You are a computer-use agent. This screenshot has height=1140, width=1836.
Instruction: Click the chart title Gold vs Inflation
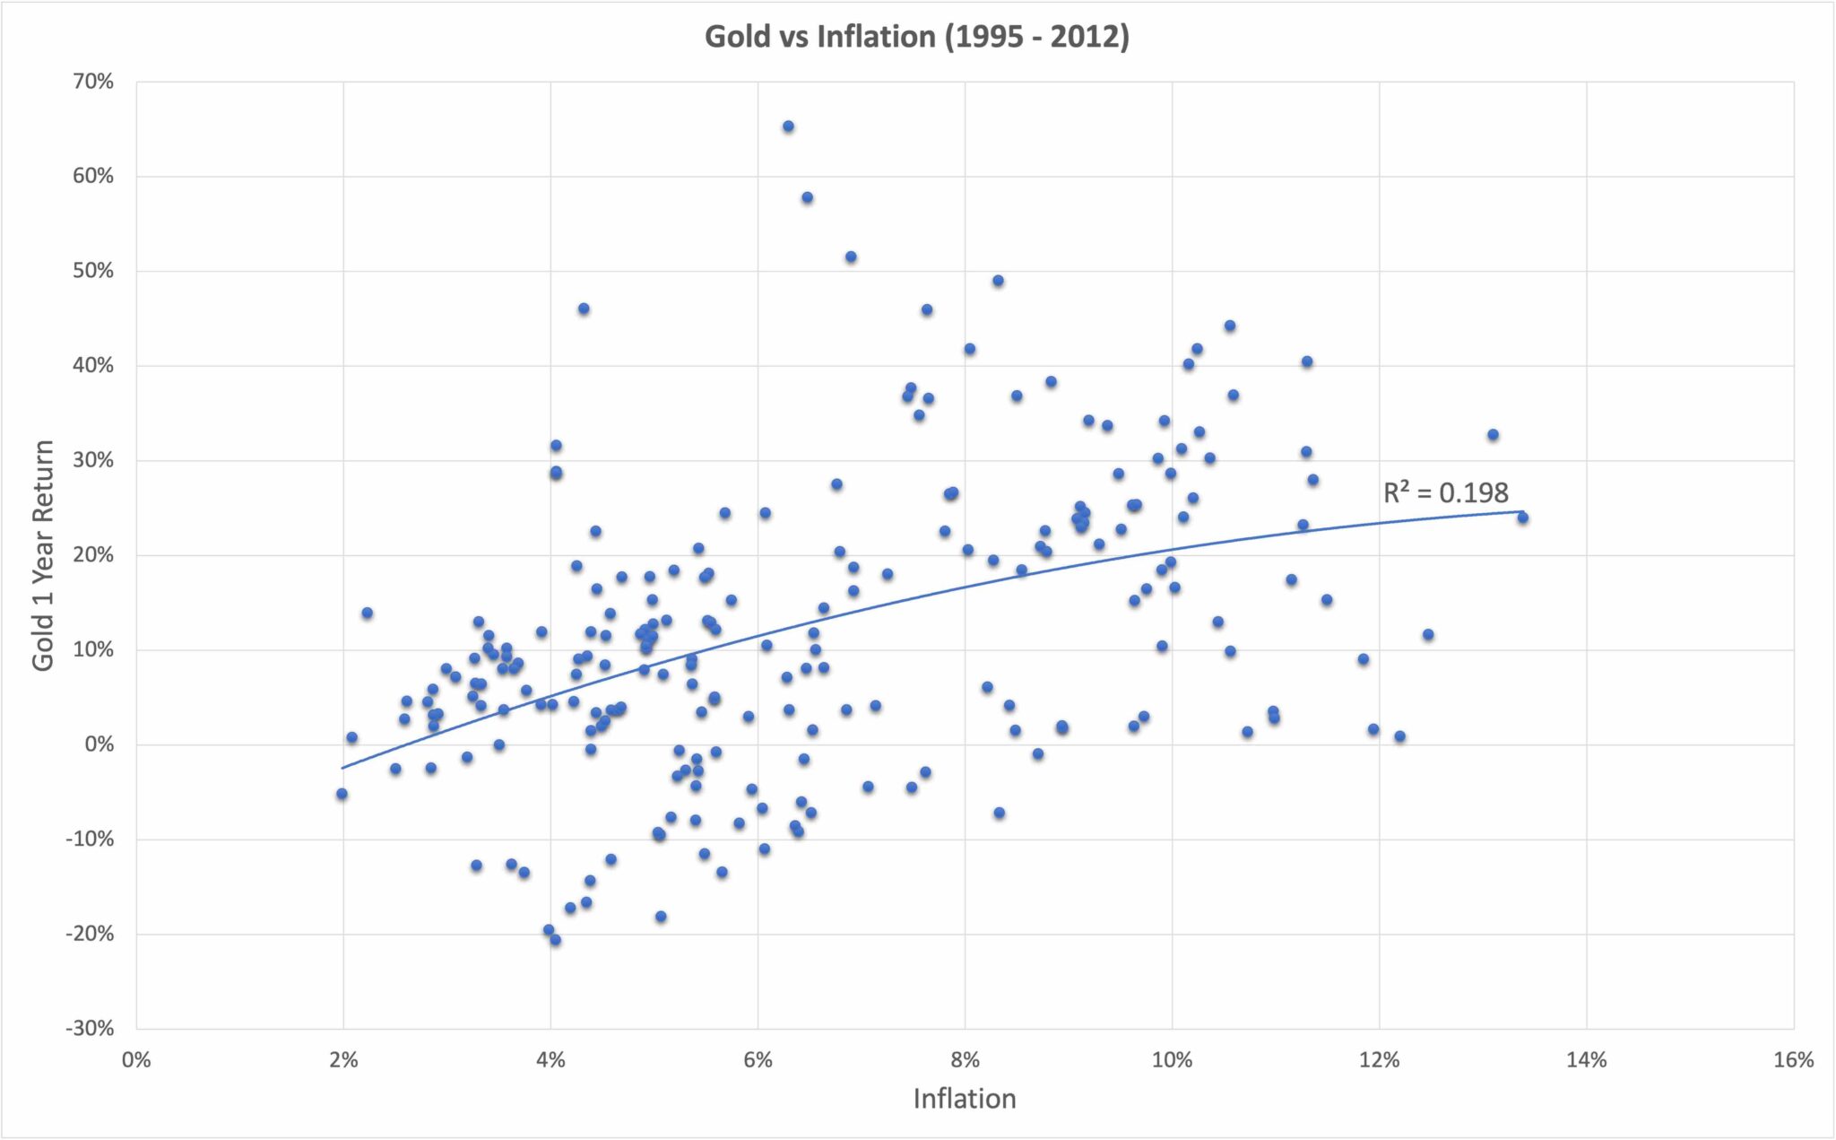(x=916, y=37)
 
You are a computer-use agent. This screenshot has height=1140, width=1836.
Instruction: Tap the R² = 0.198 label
(x=1445, y=492)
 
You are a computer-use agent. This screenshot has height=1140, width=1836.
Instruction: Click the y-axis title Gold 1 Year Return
(x=43, y=555)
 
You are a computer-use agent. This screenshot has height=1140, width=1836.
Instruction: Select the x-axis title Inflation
(x=965, y=1099)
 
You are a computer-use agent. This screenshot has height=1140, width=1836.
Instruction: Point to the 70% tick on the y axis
(x=93, y=82)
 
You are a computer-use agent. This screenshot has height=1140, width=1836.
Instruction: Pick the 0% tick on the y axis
(x=100, y=744)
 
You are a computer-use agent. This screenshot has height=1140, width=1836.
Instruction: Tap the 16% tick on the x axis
(x=1793, y=1060)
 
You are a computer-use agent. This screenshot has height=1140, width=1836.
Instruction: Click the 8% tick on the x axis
(x=965, y=1060)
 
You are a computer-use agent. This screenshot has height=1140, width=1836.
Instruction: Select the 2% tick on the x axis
(x=343, y=1060)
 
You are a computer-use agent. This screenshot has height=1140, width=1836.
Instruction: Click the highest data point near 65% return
(x=788, y=126)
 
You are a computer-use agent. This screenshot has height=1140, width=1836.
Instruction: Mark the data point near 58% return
(x=807, y=197)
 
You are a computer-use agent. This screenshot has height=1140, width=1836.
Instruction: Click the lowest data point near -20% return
(x=555, y=940)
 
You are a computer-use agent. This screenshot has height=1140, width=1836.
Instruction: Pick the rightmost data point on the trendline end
(x=1522, y=518)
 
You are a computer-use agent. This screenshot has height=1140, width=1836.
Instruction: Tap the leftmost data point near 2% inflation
(x=342, y=794)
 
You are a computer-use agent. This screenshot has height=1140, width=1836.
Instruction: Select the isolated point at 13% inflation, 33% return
(x=1493, y=435)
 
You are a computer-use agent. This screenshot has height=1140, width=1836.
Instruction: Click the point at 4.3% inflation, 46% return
(x=584, y=309)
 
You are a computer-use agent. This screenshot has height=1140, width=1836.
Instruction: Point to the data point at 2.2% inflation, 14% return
(x=367, y=614)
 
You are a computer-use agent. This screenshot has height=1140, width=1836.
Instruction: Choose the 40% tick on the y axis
(x=93, y=366)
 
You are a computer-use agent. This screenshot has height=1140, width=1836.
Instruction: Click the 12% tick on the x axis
(x=1379, y=1060)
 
